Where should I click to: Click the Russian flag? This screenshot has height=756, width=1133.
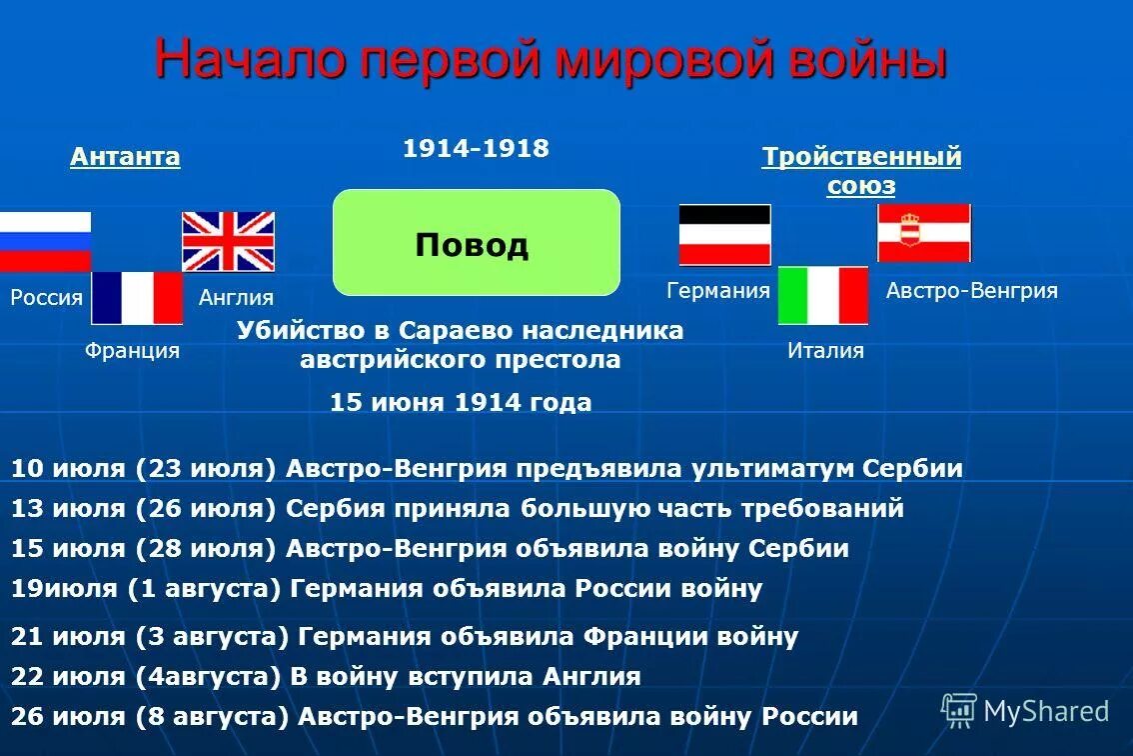tap(45, 241)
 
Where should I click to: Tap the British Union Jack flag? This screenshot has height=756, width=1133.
tap(228, 241)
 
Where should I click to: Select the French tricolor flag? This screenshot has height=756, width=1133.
tap(137, 298)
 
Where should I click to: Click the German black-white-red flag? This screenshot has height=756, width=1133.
tap(724, 235)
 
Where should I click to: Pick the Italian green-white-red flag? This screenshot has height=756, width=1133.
tap(823, 296)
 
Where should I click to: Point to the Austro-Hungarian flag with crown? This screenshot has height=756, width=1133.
tap(924, 233)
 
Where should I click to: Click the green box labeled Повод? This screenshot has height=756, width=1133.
tap(476, 243)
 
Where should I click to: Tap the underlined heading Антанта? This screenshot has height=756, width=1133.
tap(125, 157)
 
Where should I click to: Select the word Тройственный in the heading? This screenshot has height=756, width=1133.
tap(861, 157)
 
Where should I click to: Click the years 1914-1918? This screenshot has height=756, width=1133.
tap(476, 149)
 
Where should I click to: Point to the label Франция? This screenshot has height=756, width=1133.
tap(132, 351)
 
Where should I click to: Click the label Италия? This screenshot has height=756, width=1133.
tap(825, 351)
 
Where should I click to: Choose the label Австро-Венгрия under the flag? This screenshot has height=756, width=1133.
tap(971, 291)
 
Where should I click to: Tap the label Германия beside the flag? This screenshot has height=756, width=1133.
tap(717, 291)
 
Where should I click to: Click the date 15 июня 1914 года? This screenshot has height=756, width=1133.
tap(461, 402)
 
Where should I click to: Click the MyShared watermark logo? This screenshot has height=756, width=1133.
tap(1025, 711)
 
